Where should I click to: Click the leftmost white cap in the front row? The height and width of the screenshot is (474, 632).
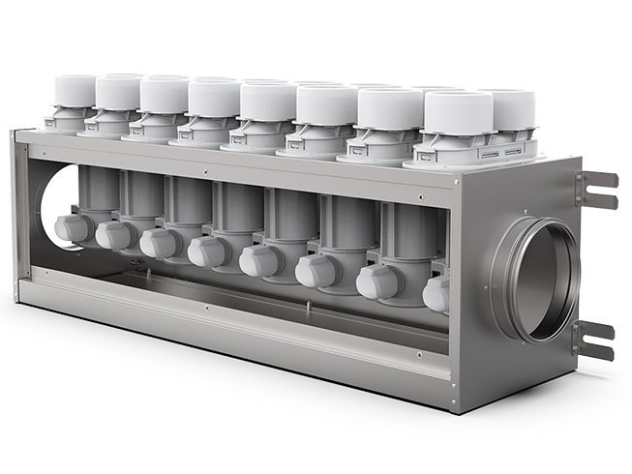click(x=75, y=91)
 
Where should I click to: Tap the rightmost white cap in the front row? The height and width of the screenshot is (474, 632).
click(x=459, y=114)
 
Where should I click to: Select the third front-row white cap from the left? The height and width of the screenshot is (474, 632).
click(x=164, y=97)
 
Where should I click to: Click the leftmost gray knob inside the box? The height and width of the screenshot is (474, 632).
click(x=73, y=227)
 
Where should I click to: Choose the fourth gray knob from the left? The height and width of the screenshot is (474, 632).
click(x=208, y=252)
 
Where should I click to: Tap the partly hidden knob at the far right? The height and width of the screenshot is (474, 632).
click(x=436, y=293)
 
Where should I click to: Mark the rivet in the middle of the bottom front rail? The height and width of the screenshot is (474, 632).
click(x=205, y=309)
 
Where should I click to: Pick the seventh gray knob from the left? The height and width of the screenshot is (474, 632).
click(x=377, y=281)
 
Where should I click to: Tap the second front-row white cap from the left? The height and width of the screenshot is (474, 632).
click(x=118, y=94)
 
